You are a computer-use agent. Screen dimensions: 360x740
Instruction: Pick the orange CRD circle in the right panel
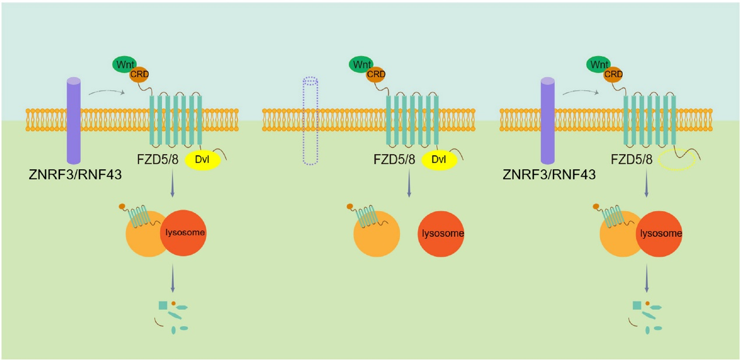point(613,75)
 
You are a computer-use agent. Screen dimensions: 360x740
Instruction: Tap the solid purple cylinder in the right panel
point(548,120)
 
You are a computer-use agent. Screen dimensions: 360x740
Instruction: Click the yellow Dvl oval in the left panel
point(202,160)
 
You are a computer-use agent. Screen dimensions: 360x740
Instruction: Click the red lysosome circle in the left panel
point(183,233)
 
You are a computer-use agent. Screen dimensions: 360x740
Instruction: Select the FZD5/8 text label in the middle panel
point(394,159)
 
